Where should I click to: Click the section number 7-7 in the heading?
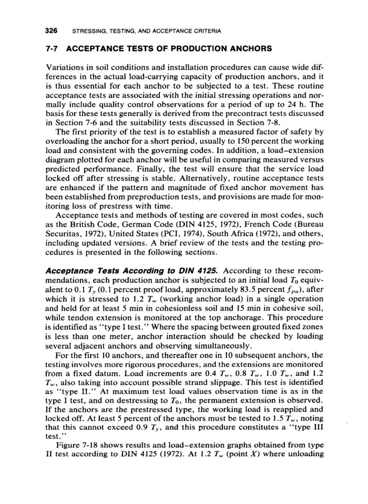52,49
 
